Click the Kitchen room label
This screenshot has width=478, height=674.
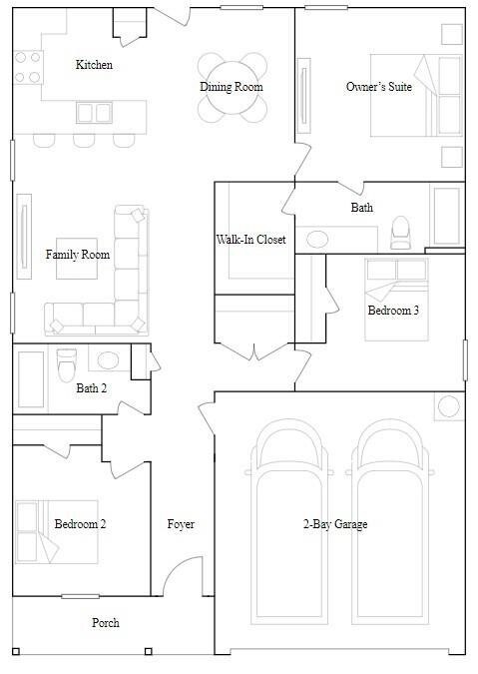click(94, 65)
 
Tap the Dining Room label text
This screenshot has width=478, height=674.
click(232, 87)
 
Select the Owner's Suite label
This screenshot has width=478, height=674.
click(379, 87)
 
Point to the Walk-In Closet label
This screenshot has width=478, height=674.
click(250, 240)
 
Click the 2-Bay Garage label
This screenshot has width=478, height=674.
click(335, 524)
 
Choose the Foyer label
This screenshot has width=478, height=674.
click(181, 524)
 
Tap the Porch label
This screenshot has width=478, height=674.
click(106, 622)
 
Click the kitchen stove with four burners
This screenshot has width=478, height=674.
click(28, 67)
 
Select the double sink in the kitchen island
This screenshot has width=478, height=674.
click(95, 113)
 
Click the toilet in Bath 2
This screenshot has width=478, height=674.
click(67, 364)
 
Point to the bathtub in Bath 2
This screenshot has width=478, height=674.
click(31, 379)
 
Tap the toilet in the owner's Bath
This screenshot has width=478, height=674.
click(400, 232)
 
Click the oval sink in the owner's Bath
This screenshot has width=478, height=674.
click(317, 240)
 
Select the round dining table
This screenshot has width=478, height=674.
click(233, 88)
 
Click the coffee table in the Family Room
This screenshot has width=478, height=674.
click(77, 259)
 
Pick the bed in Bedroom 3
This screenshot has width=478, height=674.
click(396, 300)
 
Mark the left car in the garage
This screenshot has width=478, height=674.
click(289, 522)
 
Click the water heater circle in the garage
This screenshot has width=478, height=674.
click(449, 406)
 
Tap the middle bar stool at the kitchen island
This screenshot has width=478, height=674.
click(84, 141)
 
